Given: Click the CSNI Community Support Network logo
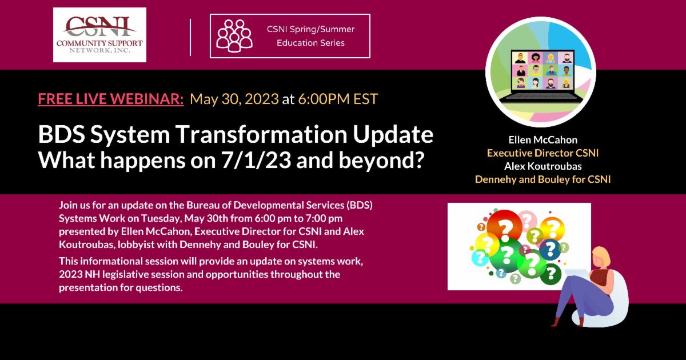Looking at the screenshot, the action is pyautogui.click(x=99, y=35).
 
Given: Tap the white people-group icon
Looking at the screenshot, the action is pyautogui.click(x=234, y=35).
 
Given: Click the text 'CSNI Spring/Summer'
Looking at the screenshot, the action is pyautogui.click(x=310, y=29).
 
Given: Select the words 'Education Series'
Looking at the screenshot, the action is pyautogui.click(x=310, y=43).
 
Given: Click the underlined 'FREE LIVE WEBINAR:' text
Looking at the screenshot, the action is pyautogui.click(x=111, y=99).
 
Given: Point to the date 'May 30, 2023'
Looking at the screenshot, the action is pyautogui.click(x=234, y=99).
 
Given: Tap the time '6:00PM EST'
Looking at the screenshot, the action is pyautogui.click(x=338, y=99).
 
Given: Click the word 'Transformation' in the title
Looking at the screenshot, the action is pyautogui.click(x=261, y=134).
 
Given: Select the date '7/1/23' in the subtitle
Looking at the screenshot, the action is pyautogui.click(x=256, y=160).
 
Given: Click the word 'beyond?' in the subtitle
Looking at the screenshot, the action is pyautogui.click(x=382, y=160).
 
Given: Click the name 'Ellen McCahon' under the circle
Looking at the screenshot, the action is pyautogui.click(x=543, y=140).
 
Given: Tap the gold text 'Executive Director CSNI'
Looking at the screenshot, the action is pyautogui.click(x=543, y=153).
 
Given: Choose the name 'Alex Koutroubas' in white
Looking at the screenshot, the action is pyautogui.click(x=543, y=166).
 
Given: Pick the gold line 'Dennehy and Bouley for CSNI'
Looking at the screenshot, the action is pyautogui.click(x=543, y=179).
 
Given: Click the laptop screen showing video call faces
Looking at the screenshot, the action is pyautogui.click(x=543, y=71).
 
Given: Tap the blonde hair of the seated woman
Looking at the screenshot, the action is pyautogui.click(x=601, y=255).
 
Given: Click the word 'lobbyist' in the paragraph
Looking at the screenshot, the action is pyautogui.click(x=147, y=245).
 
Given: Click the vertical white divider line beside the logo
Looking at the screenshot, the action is pyautogui.click(x=190, y=37).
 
